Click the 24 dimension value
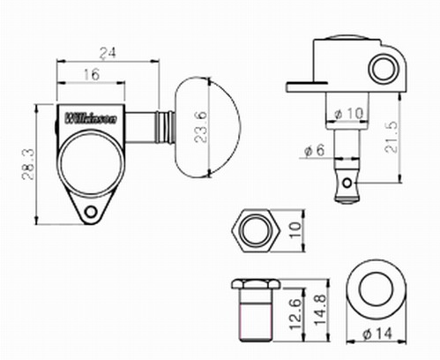pos(108,53)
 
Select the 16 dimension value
pos(92,75)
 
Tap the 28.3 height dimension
pos(28,164)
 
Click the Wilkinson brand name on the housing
pos(91,118)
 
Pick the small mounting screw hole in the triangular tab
pos(91,212)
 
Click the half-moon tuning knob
pos(208,128)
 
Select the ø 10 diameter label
pos(349,114)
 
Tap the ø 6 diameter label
pos(314,151)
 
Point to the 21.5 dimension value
pos(391,137)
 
